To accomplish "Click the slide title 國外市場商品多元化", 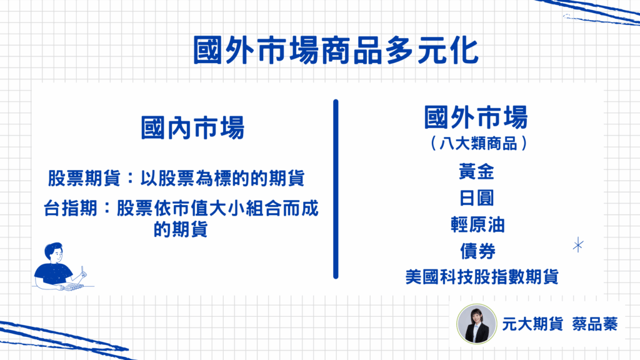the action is point(335,50).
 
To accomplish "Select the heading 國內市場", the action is point(192,127).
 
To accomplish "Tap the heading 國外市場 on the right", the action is point(476,117).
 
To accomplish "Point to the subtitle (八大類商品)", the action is point(478,143).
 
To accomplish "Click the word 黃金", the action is point(476,171).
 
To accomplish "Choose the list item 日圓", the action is point(476,198).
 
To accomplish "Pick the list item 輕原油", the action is point(477,224).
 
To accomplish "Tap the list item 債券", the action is point(477,251).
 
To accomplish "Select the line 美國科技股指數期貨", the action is point(482,277).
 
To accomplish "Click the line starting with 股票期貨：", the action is point(176,178).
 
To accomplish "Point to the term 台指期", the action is point(70,208).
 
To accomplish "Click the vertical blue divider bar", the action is point(336,189).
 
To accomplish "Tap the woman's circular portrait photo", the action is point(476,324).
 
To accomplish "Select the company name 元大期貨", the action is point(532,324).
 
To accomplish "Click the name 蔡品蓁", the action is point(595,324).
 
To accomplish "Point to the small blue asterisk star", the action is point(578,245).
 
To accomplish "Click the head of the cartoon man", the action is point(54,253).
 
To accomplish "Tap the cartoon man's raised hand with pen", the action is point(83,273).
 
